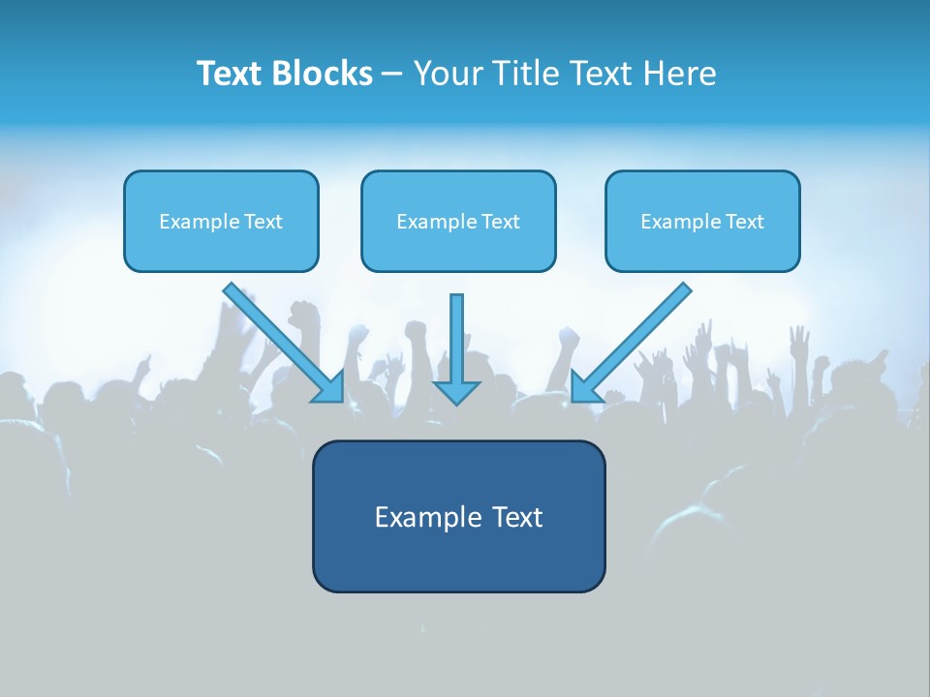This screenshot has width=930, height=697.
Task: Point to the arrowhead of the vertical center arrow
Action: pyautogui.click(x=457, y=392)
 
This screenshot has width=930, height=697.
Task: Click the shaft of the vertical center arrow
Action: pyautogui.click(x=457, y=335)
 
